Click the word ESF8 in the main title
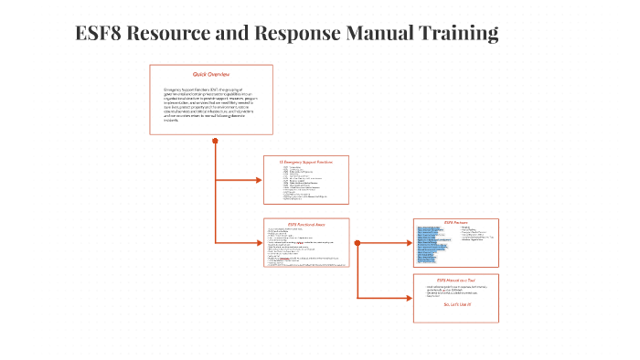coord(100,34)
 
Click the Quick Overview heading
coord(211,73)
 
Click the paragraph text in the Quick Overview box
coord(210,106)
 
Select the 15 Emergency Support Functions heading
coord(305,162)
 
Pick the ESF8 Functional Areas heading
coord(306,224)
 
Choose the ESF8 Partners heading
coord(454,222)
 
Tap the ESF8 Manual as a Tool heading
coord(454,279)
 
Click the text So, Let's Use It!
coord(454,304)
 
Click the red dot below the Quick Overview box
coord(215,141)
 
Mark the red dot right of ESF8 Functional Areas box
coord(357,243)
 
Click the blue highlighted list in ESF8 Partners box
coord(435,239)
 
